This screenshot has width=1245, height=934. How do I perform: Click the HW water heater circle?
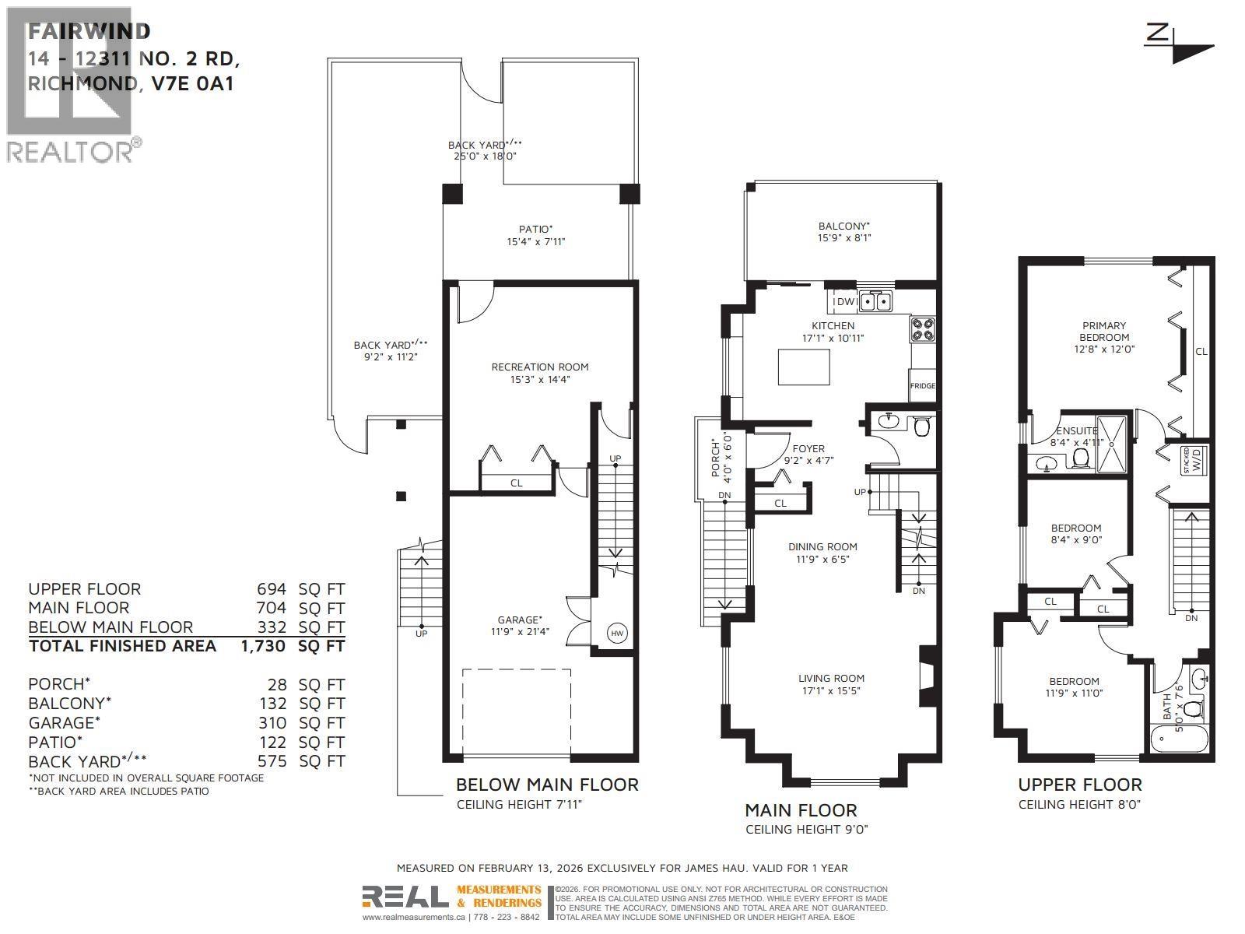click(617, 634)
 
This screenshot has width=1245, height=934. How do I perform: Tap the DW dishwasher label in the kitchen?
click(845, 301)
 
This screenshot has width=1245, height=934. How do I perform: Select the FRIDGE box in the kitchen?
click(923, 386)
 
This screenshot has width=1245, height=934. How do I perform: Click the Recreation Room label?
click(539, 367)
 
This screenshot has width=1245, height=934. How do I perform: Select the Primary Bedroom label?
click(1104, 332)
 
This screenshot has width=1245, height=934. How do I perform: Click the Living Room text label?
click(831, 678)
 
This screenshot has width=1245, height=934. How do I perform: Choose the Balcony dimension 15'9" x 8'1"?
click(844, 238)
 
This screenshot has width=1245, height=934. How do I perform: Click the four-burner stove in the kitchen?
click(924, 330)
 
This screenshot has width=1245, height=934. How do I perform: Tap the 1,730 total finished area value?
click(263, 646)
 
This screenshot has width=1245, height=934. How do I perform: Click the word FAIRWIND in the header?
click(89, 31)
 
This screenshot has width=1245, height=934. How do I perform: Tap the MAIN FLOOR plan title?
click(801, 810)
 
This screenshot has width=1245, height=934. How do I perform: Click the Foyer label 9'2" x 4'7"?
click(808, 455)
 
